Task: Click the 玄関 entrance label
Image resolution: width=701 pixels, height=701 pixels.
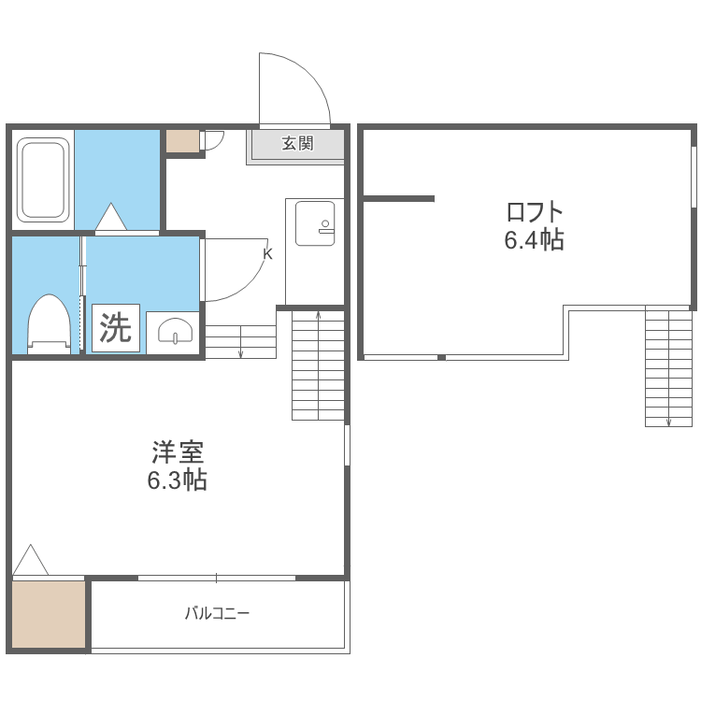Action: (297, 144)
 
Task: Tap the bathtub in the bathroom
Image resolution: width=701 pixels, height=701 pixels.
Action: (43, 180)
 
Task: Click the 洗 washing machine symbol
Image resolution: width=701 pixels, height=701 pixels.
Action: (116, 328)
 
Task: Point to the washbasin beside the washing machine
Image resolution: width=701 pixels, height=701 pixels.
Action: (176, 331)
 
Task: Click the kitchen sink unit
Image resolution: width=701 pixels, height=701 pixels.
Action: (315, 223)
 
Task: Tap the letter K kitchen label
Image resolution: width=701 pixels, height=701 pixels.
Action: (267, 254)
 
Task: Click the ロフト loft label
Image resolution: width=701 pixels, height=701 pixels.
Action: (535, 212)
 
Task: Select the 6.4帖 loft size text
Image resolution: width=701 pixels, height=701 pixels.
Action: (535, 239)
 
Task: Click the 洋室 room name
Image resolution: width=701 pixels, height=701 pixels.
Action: (178, 452)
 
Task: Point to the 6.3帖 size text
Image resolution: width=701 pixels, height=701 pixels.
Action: (177, 479)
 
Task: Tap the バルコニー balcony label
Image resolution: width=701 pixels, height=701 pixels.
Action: (217, 613)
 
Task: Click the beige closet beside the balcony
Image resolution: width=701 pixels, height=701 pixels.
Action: (49, 614)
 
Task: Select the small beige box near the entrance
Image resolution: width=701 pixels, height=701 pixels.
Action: (183, 141)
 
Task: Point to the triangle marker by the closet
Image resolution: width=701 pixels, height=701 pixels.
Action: (31, 559)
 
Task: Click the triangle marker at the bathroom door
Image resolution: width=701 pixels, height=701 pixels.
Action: (111, 217)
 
